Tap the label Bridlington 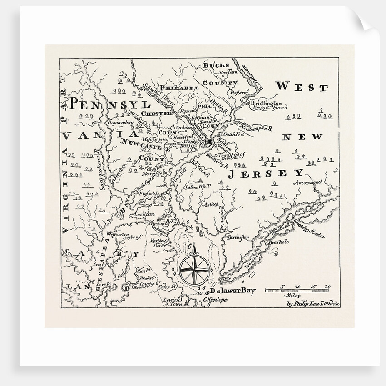[x=266, y=104]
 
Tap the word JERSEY [x=265, y=173]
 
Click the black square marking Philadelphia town [x=210, y=143]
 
